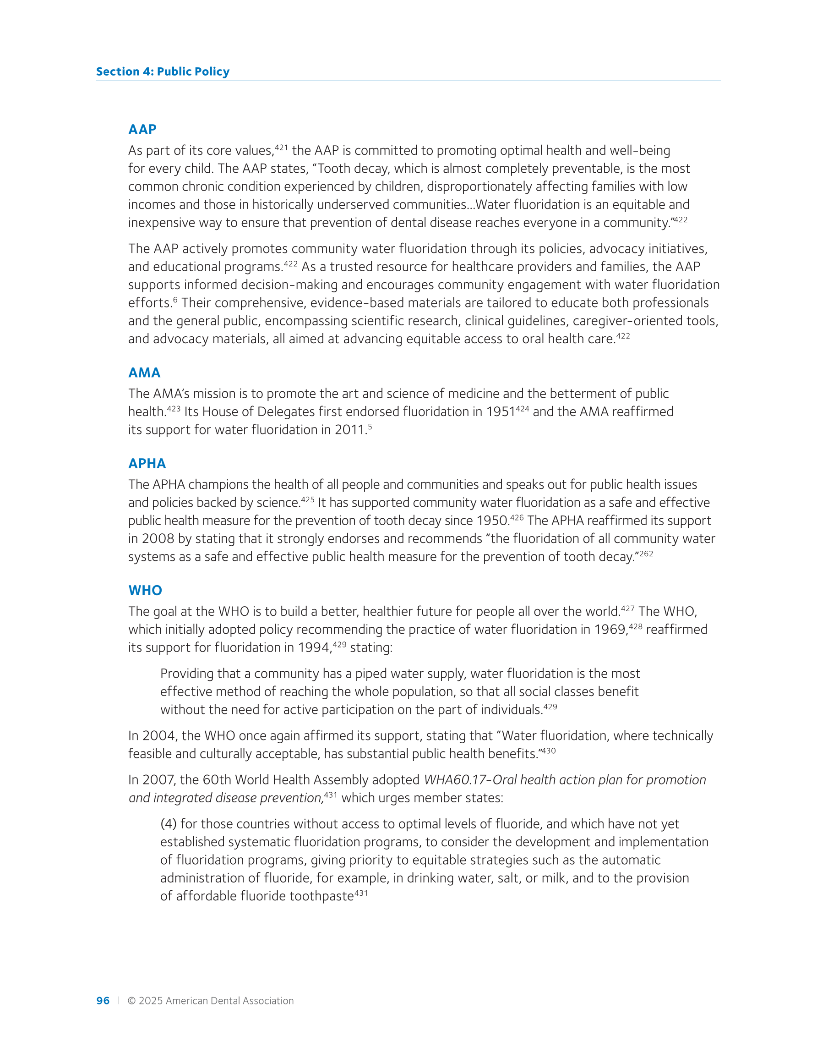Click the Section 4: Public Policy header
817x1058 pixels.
pos(163,71)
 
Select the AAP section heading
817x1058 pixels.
pos(142,129)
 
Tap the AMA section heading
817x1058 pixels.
pos(144,373)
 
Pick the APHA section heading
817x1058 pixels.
pos(147,464)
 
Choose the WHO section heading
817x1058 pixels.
pos(145,591)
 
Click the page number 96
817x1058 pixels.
pos(103,1001)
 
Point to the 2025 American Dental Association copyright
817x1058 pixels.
pos(211,1001)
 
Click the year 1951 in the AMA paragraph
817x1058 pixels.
pos(500,412)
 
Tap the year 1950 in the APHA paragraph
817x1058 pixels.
pos(492,521)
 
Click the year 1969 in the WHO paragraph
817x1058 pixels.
pos(611,630)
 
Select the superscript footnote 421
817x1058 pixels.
pos(281,147)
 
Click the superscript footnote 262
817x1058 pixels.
pos(646,554)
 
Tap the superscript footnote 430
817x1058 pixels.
pos(549,751)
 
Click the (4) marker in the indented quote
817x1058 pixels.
pos(169,824)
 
